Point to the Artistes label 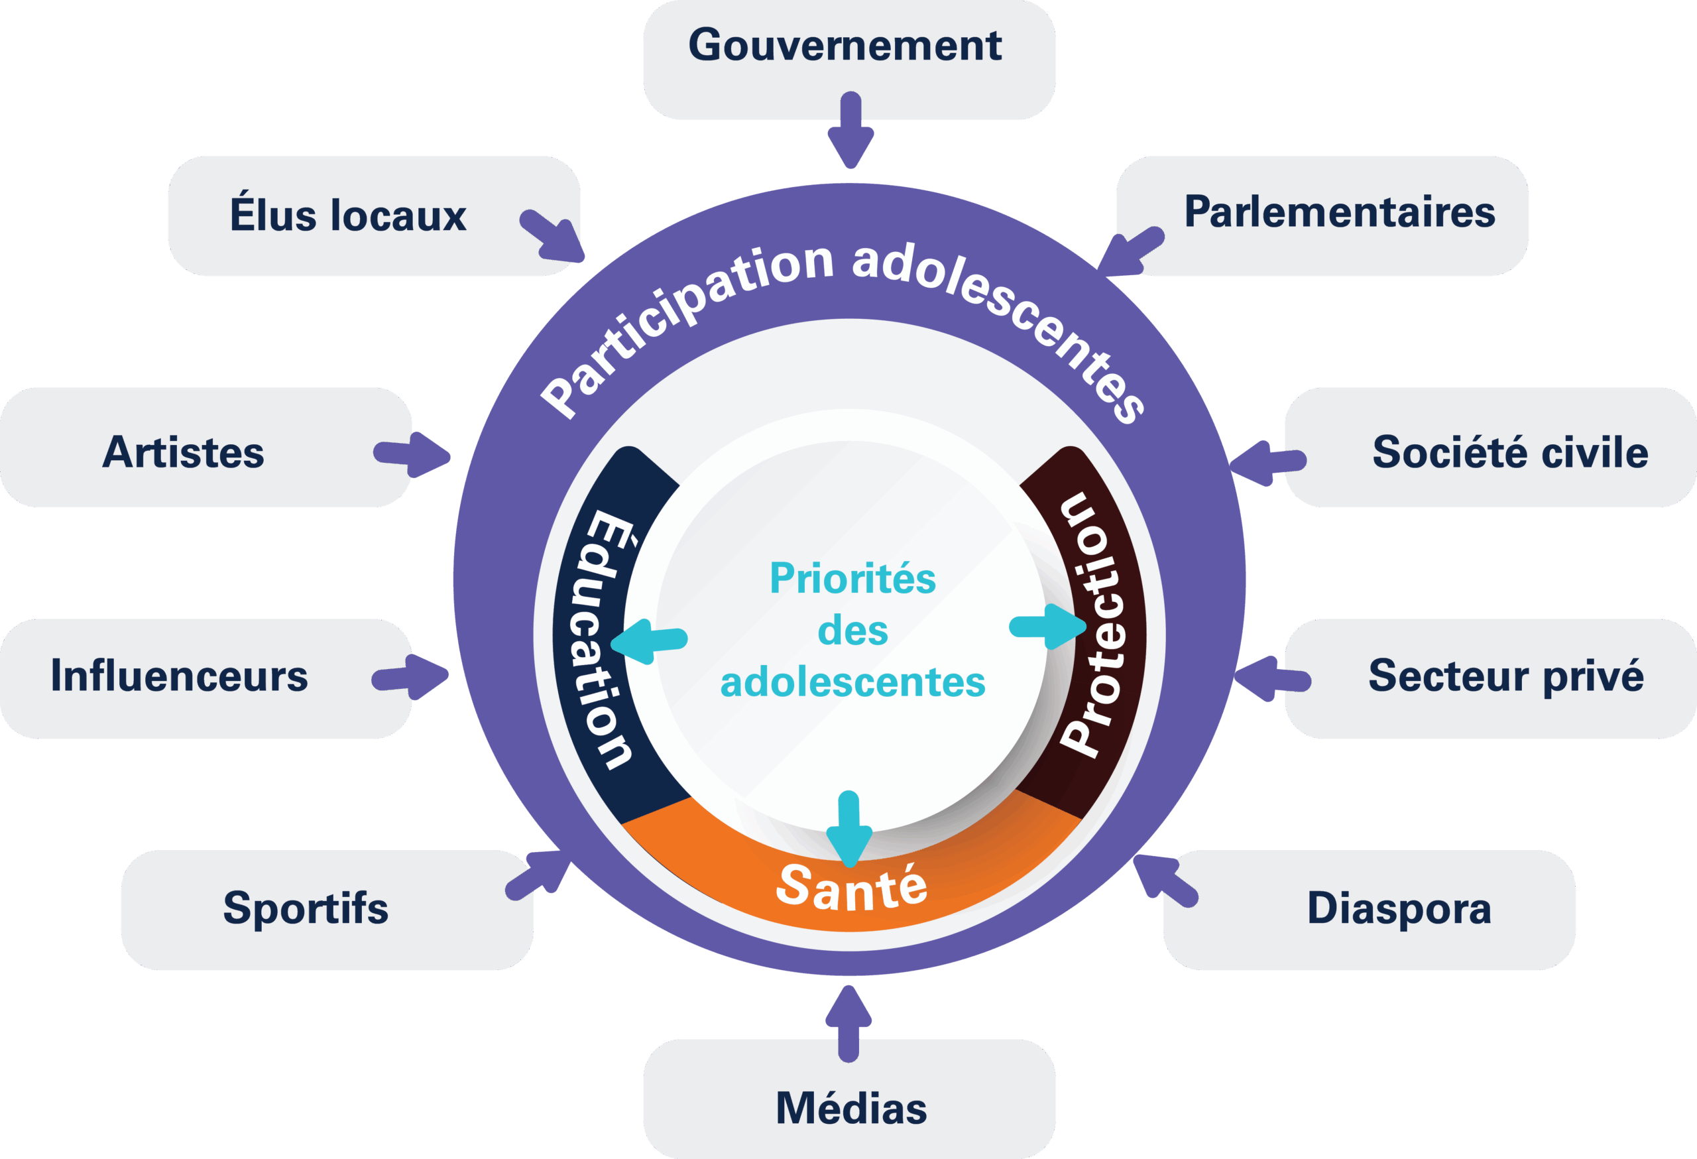click(x=183, y=452)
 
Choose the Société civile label click(x=1509, y=452)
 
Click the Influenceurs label click(x=179, y=676)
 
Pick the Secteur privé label click(x=1505, y=676)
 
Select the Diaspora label click(x=1398, y=908)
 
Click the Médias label click(x=850, y=1109)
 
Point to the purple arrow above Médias click(x=848, y=1023)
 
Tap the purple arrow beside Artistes click(x=412, y=455)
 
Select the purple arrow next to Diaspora click(x=1165, y=881)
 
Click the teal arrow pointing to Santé click(x=849, y=829)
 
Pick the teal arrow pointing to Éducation click(x=648, y=640)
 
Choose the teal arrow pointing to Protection click(x=1048, y=627)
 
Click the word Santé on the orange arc click(x=851, y=887)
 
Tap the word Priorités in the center click(x=852, y=578)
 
